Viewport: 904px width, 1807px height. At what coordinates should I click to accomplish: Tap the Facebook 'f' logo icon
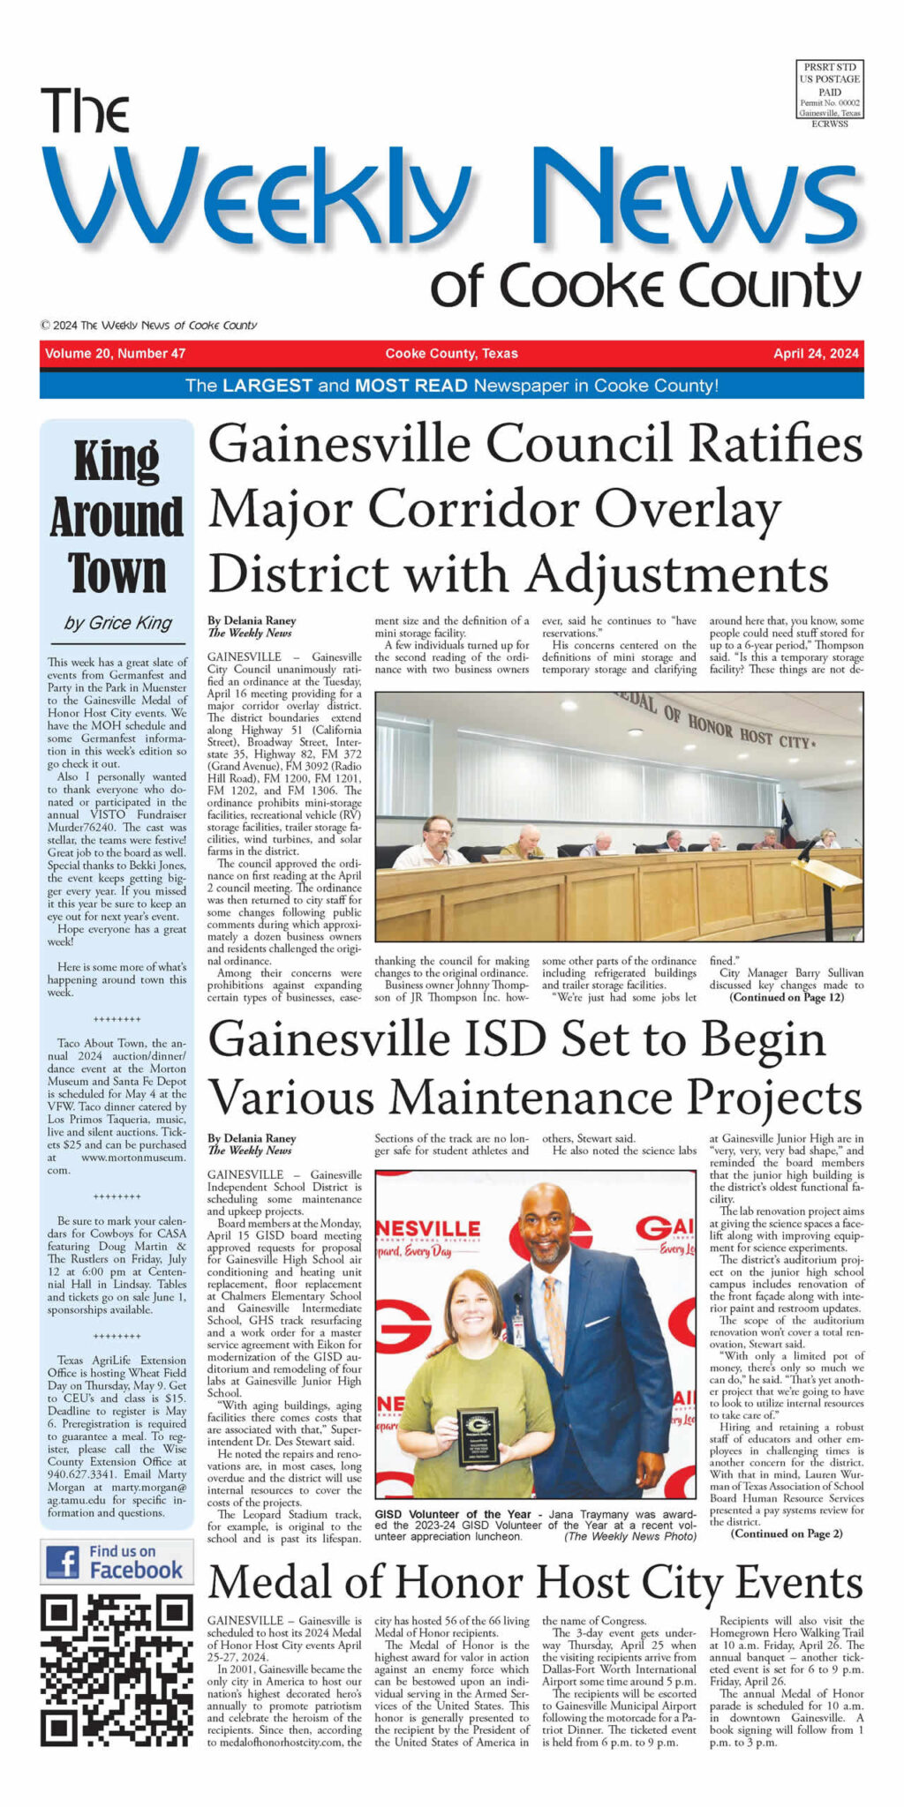point(64,1560)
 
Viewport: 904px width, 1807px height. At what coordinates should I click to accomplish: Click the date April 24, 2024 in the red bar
point(815,354)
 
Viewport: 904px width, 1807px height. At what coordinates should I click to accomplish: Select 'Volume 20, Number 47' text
point(116,354)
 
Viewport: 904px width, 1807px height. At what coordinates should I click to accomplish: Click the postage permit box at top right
point(829,94)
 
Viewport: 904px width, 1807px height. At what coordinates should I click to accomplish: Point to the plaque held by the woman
point(478,1437)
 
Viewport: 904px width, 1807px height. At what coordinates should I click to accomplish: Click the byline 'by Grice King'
point(117,623)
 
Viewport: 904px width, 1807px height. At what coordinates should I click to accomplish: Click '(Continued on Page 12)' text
point(787,997)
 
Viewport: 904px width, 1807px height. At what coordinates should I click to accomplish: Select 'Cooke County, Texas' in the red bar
point(451,354)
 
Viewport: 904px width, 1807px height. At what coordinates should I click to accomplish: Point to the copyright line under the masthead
point(148,325)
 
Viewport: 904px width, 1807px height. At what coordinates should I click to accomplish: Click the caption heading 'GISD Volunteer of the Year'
point(453,1514)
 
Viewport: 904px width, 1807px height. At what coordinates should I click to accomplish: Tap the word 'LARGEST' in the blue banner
point(267,386)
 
